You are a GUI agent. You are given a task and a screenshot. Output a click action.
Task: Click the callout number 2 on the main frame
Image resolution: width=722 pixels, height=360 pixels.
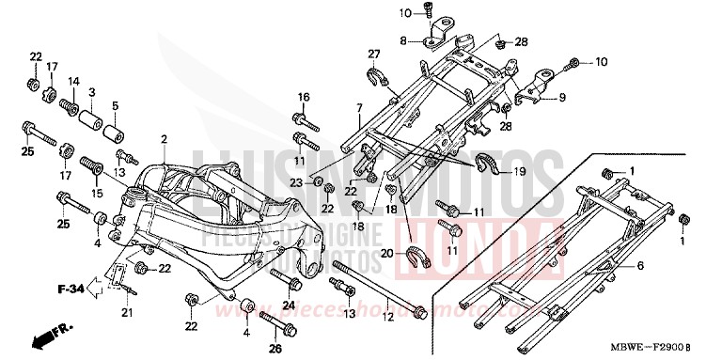point(164,139)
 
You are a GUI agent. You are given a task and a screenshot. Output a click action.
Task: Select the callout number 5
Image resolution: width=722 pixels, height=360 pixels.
point(116,105)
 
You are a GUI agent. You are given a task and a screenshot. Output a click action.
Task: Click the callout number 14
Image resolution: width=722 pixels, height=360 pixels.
point(71,82)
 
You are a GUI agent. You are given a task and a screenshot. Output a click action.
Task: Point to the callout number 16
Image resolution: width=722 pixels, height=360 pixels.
point(304,97)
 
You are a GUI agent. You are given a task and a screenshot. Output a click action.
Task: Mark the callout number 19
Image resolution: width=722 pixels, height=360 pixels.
point(518,173)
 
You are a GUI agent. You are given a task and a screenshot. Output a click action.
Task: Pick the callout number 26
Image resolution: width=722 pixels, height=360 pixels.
point(275,350)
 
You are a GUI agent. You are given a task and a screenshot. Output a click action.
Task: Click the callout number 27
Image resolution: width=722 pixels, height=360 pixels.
point(372,54)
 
